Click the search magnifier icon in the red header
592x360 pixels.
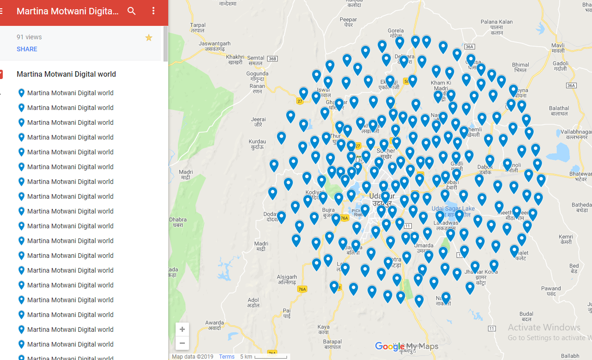coord(132,11)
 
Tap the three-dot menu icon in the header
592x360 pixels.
coord(153,11)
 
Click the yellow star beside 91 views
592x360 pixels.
coord(149,37)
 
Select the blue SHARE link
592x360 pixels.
coord(27,49)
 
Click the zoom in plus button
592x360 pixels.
coord(182,329)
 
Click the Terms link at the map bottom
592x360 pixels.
coord(227,356)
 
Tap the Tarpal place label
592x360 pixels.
coord(197,27)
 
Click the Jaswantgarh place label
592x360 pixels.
coord(212,46)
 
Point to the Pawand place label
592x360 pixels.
coord(551,291)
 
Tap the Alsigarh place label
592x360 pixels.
coord(287,280)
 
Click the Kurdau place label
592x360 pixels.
coord(257,144)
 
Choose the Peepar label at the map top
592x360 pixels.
coord(348,22)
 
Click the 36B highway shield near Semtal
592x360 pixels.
coord(272,59)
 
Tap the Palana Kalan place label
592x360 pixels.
coord(497,24)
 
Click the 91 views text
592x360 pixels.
coord(29,37)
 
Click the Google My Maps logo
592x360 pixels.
coord(406,346)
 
